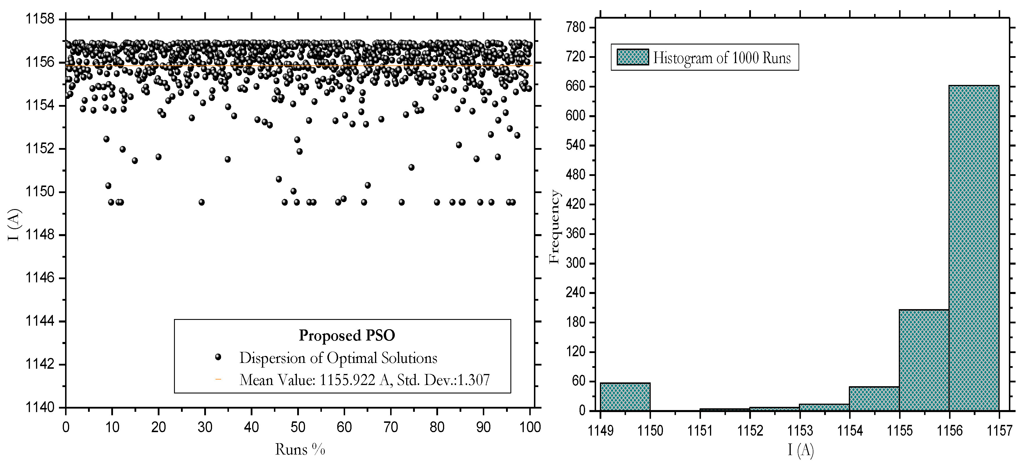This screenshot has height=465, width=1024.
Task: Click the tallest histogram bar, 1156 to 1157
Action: pyautogui.click(x=974, y=247)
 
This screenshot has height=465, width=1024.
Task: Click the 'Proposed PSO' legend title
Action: pyautogui.click(x=347, y=335)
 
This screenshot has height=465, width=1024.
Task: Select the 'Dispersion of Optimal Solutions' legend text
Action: pyautogui.click(x=338, y=358)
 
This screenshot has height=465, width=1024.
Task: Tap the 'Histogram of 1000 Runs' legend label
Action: pyautogui.click(x=722, y=58)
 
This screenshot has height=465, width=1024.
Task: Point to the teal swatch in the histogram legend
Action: pyautogui.click(x=632, y=57)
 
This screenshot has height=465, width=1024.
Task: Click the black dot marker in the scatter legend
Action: pyautogui.click(x=218, y=357)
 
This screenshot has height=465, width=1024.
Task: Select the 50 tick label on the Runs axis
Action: pyautogui.click(x=298, y=427)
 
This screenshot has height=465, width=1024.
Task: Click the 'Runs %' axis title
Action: pyautogui.click(x=300, y=450)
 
